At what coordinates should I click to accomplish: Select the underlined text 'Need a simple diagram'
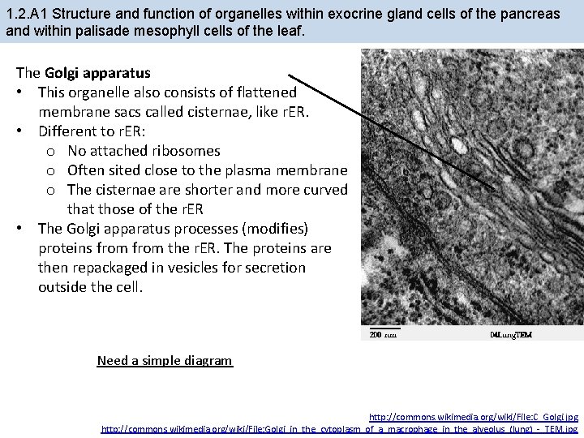coord(165,360)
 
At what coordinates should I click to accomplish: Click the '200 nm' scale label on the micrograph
coord(383,334)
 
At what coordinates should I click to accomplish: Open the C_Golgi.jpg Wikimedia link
coord(473,417)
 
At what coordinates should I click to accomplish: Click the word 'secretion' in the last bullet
coord(277,268)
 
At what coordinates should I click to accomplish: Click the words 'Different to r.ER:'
coord(93,131)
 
